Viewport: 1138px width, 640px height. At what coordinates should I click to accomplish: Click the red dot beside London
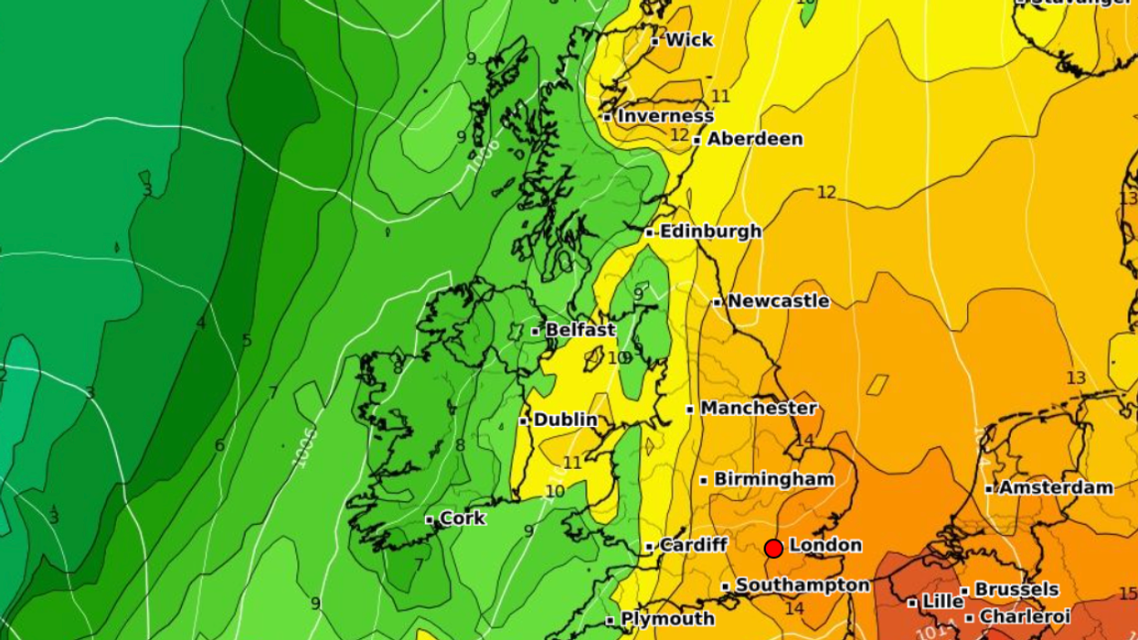pyautogui.click(x=773, y=548)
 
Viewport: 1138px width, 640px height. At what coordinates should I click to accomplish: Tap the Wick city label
pyautogui.click(x=689, y=40)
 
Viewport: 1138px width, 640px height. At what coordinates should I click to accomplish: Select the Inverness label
pyautogui.click(x=665, y=116)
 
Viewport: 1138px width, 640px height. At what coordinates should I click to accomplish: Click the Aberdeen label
pyautogui.click(x=754, y=139)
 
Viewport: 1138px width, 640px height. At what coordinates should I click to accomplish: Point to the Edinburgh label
pyautogui.click(x=710, y=231)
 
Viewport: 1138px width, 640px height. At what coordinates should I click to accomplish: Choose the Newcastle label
pyautogui.click(x=778, y=301)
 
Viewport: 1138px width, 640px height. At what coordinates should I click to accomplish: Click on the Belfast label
pyautogui.click(x=580, y=330)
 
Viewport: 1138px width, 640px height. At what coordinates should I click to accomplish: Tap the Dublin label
pyautogui.click(x=565, y=420)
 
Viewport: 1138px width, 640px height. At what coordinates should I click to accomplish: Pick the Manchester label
pyautogui.click(x=758, y=408)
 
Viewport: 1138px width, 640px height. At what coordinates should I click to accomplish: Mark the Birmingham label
pyautogui.click(x=773, y=479)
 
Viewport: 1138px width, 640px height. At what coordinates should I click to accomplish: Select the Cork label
pyautogui.click(x=463, y=518)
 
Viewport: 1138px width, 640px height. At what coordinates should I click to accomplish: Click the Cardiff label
pyautogui.click(x=693, y=545)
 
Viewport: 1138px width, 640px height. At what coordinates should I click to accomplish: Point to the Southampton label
pyautogui.click(x=802, y=585)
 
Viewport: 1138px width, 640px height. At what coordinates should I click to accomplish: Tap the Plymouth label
pyautogui.click(x=667, y=619)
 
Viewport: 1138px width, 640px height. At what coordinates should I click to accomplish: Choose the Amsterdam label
pyautogui.click(x=1055, y=487)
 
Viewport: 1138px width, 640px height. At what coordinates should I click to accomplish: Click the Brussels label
pyautogui.click(x=1016, y=590)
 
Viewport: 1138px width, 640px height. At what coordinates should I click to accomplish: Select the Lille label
pyautogui.click(x=942, y=602)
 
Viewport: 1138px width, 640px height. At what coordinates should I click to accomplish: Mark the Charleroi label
pyautogui.click(x=1025, y=617)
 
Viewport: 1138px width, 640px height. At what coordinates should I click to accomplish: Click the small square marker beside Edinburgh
pyautogui.click(x=650, y=232)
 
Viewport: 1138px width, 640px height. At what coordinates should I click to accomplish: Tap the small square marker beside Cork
pyautogui.click(x=430, y=519)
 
